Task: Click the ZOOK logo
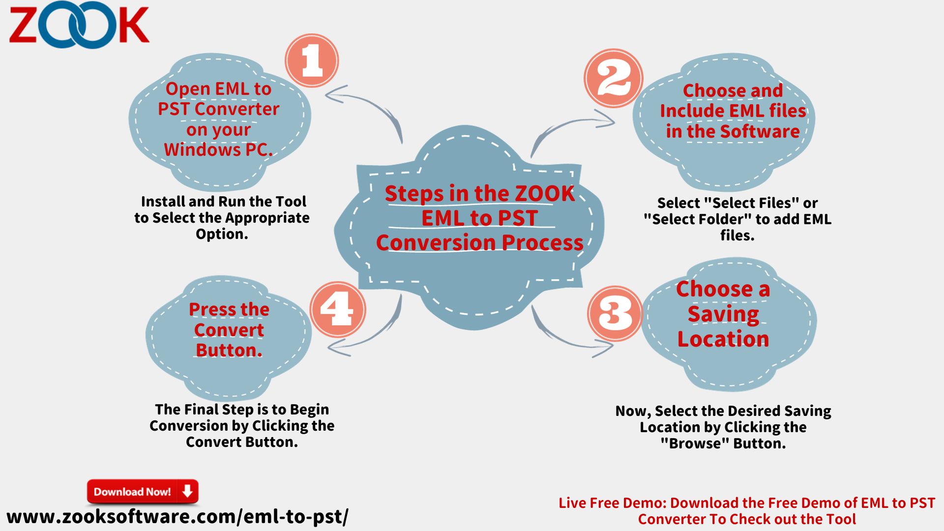79,25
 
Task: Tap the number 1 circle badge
312,60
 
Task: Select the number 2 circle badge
614,78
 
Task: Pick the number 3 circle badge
615,313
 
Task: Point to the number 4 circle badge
338,309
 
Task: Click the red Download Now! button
143,492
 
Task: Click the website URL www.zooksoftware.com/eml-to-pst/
177,517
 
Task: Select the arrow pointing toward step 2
565,125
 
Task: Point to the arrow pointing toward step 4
379,334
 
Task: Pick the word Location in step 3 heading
723,339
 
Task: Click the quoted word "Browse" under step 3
694,443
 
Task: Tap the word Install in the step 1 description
162,202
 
